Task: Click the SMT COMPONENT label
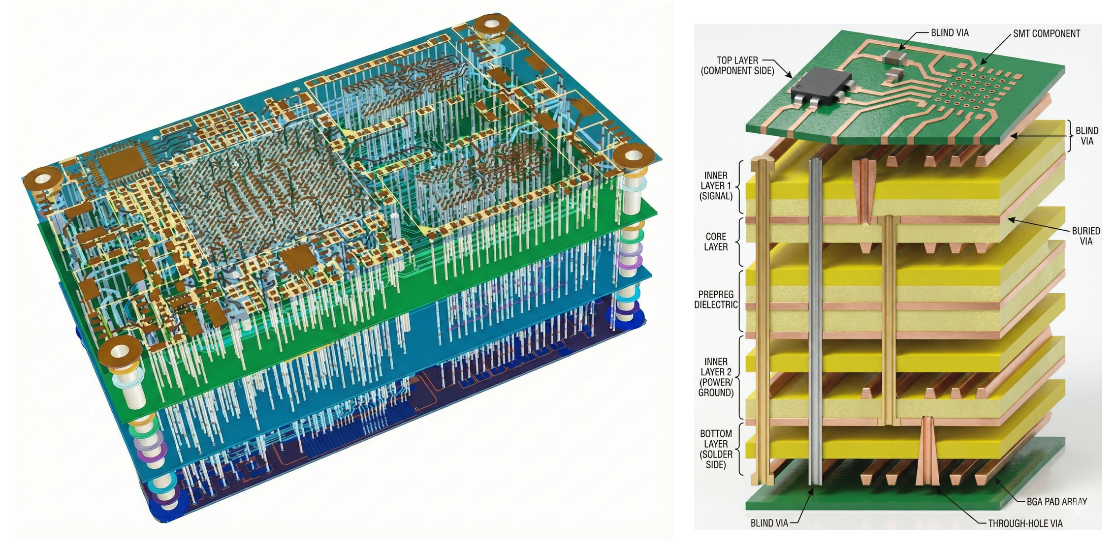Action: pos(1046,34)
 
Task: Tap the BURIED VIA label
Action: pos(1085,236)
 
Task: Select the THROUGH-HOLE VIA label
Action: pos(1025,523)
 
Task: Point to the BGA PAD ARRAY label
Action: pos(1056,502)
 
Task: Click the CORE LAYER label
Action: pos(715,242)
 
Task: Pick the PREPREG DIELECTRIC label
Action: pos(716,300)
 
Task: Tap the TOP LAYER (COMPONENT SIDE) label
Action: pos(737,65)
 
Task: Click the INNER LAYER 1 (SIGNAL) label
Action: pos(715,185)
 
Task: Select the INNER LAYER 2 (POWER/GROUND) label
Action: pos(715,377)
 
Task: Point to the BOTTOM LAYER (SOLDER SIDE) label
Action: pos(715,449)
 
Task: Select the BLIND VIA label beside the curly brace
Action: pos(1086,136)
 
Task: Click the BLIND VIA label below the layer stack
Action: pos(769,523)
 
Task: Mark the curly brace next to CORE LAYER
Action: pos(738,242)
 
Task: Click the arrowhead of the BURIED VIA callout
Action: pos(1009,219)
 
